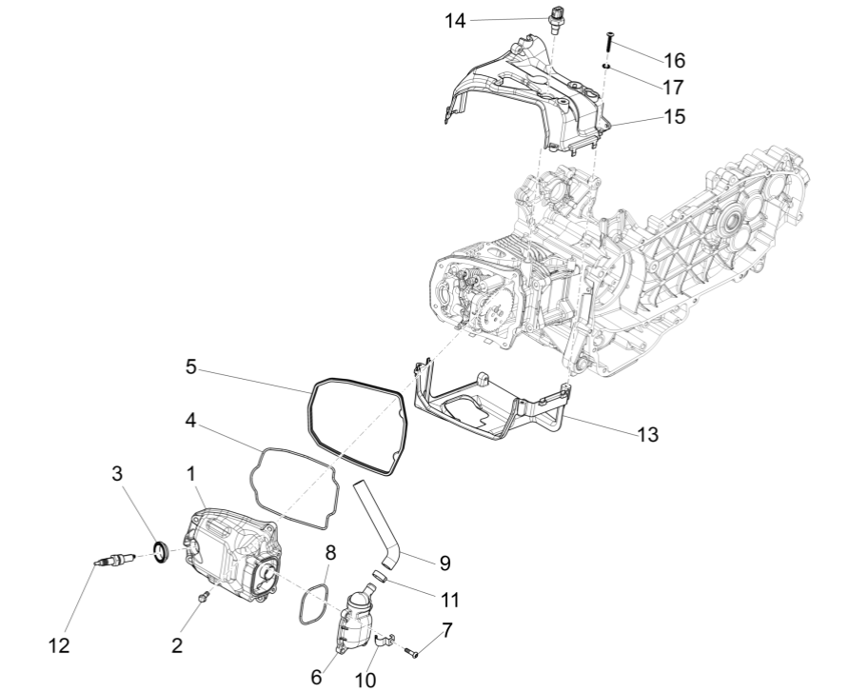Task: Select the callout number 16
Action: click(x=673, y=60)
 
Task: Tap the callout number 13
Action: click(x=646, y=433)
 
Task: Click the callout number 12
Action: click(x=59, y=645)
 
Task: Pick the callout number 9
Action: click(x=444, y=563)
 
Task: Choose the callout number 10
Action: click(x=365, y=680)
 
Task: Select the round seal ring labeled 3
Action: click(x=163, y=550)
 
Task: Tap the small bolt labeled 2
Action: click(x=202, y=596)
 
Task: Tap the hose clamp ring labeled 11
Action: click(x=378, y=575)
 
